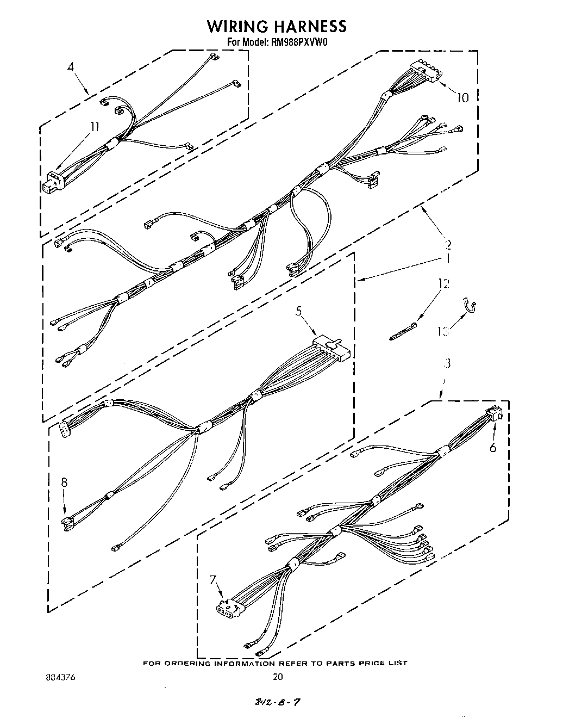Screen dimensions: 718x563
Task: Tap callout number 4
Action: pyautogui.click(x=71, y=67)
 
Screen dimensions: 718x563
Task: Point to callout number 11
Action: pyautogui.click(x=95, y=127)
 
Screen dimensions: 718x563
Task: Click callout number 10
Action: pyautogui.click(x=462, y=98)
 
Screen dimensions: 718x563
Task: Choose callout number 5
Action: pyautogui.click(x=298, y=312)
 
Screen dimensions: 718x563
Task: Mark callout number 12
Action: pyautogui.click(x=444, y=283)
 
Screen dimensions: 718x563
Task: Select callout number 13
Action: pyautogui.click(x=443, y=331)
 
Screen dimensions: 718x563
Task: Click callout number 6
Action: pyautogui.click(x=493, y=448)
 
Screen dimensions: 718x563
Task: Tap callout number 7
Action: pyautogui.click(x=213, y=580)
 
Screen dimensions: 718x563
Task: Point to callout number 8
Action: pyautogui.click(x=65, y=482)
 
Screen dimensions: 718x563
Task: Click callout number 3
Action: pyautogui.click(x=447, y=363)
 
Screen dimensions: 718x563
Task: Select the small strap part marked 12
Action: pyautogui.click(x=403, y=331)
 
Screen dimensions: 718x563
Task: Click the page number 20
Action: pyautogui.click(x=278, y=677)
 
